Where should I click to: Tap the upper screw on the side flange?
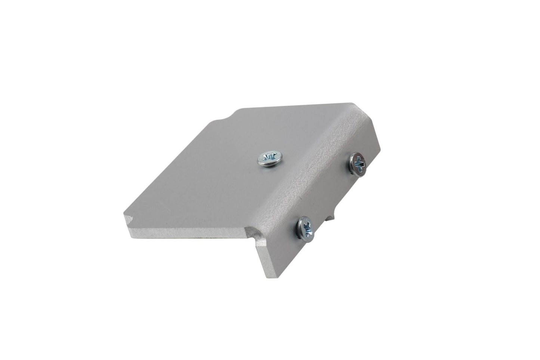(357, 163)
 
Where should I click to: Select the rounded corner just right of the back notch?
(239, 111)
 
